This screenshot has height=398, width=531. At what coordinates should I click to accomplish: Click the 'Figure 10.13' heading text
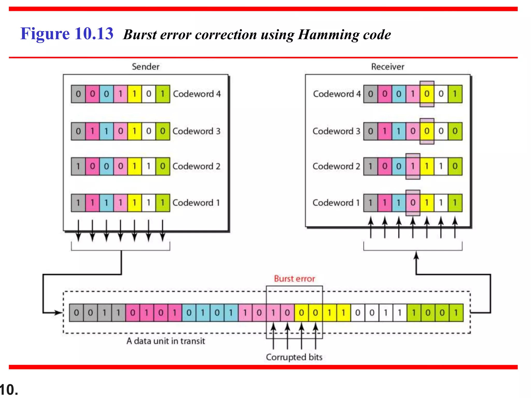click(x=67, y=34)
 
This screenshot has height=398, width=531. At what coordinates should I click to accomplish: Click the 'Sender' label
click(x=145, y=67)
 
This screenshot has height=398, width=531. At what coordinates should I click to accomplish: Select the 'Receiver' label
click(x=387, y=67)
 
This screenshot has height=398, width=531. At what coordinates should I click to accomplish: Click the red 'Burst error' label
click(x=294, y=279)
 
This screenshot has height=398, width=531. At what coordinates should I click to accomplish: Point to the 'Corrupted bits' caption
click(x=294, y=357)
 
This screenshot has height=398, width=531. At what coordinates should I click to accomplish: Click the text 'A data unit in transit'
click(x=166, y=341)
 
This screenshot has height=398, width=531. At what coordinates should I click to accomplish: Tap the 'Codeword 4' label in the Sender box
click(x=197, y=94)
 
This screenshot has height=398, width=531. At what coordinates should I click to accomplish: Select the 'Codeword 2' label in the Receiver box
click(x=336, y=166)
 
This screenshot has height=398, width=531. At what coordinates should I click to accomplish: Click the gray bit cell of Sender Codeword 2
click(x=78, y=166)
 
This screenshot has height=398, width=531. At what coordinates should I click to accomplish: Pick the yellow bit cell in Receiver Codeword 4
click(x=427, y=94)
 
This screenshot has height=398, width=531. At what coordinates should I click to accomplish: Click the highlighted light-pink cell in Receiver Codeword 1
click(x=413, y=203)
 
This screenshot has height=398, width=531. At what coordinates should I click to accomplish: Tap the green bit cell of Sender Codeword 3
click(x=163, y=131)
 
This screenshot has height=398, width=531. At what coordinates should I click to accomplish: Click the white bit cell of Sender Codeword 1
click(x=149, y=203)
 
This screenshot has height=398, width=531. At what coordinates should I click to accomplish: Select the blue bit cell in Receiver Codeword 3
click(x=399, y=131)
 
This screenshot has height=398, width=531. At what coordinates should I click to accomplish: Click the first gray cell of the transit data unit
click(x=76, y=313)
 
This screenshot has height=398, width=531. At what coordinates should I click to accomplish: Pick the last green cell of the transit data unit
click(x=456, y=313)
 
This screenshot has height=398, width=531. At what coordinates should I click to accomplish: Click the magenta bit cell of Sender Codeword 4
click(x=92, y=94)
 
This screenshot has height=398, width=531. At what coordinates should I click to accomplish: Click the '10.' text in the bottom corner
click(x=9, y=390)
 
